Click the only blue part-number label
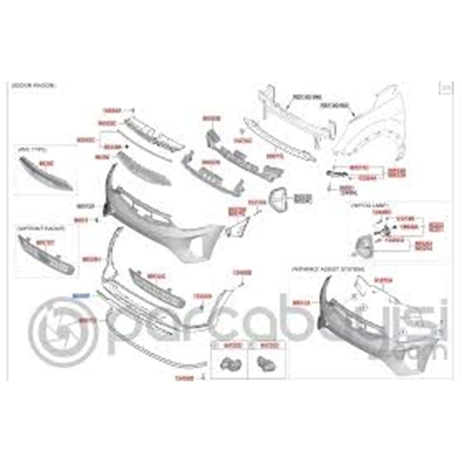click(x=83, y=294)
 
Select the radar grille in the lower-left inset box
click(x=46, y=254)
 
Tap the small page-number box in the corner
click(x=445, y=87)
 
